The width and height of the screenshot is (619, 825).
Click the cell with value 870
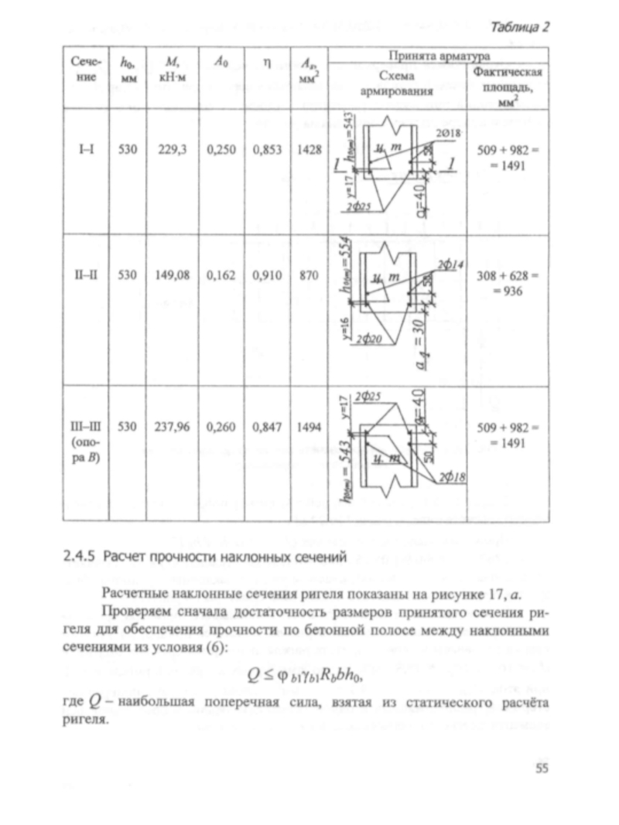[x=307, y=273]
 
